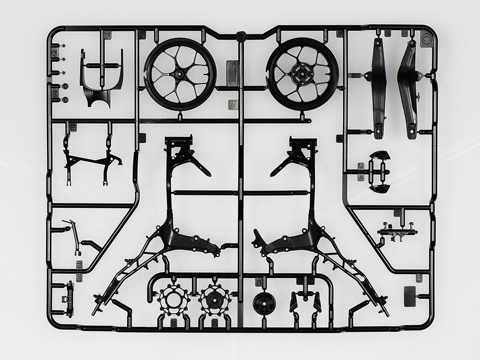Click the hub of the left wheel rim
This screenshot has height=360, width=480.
pos(180,74)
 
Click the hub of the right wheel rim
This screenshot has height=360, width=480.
pos(302,74)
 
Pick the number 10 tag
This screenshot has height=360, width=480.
pos(259,282)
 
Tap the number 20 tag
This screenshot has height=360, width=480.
pos(78,277)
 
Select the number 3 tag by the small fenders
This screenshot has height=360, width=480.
pos(360,166)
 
